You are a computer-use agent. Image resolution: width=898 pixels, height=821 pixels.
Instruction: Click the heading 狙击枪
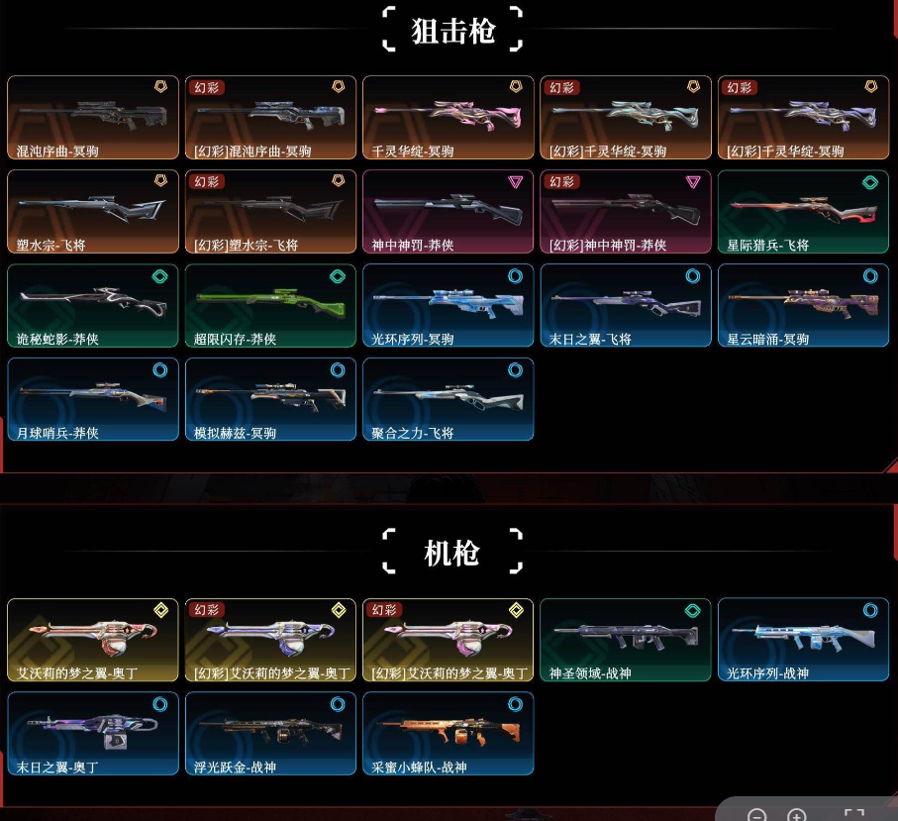pyautogui.click(x=451, y=32)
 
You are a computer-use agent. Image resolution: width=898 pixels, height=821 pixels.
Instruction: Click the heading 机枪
pyautogui.click(x=451, y=554)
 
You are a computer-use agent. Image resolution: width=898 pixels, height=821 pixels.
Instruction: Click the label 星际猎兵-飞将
pyautogui.click(x=767, y=246)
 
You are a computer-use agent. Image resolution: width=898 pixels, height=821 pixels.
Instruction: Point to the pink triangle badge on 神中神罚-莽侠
pyautogui.click(x=514, y=181)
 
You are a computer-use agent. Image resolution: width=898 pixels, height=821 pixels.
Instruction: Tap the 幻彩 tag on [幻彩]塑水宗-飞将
pyautogui.click(x=207, y=181)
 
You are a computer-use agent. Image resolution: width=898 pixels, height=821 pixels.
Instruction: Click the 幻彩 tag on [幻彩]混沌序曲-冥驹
pyautogui.click(x=207, y=87)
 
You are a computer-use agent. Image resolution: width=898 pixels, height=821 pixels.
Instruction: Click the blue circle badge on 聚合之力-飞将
pyautogui.click(x=514, y=369)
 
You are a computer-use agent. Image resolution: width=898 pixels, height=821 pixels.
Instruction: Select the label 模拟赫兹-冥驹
pyautogui.click(x=236, y=434)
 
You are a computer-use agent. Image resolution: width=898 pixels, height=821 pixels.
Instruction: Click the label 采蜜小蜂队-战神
pyautogui.click(x=419, y=768)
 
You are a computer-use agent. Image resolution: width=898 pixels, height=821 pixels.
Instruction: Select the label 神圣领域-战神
pyautogui.click(x=590, y=673)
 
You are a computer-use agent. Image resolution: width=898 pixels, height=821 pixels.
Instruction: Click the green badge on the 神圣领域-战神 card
pyautogui.click(x=692, y=610)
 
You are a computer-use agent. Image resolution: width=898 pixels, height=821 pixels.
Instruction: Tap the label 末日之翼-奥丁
pyautogui.click(x=57, y=768)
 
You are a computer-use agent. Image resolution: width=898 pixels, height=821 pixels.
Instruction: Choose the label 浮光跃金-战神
pyautogui.click(x=236, y=768)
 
